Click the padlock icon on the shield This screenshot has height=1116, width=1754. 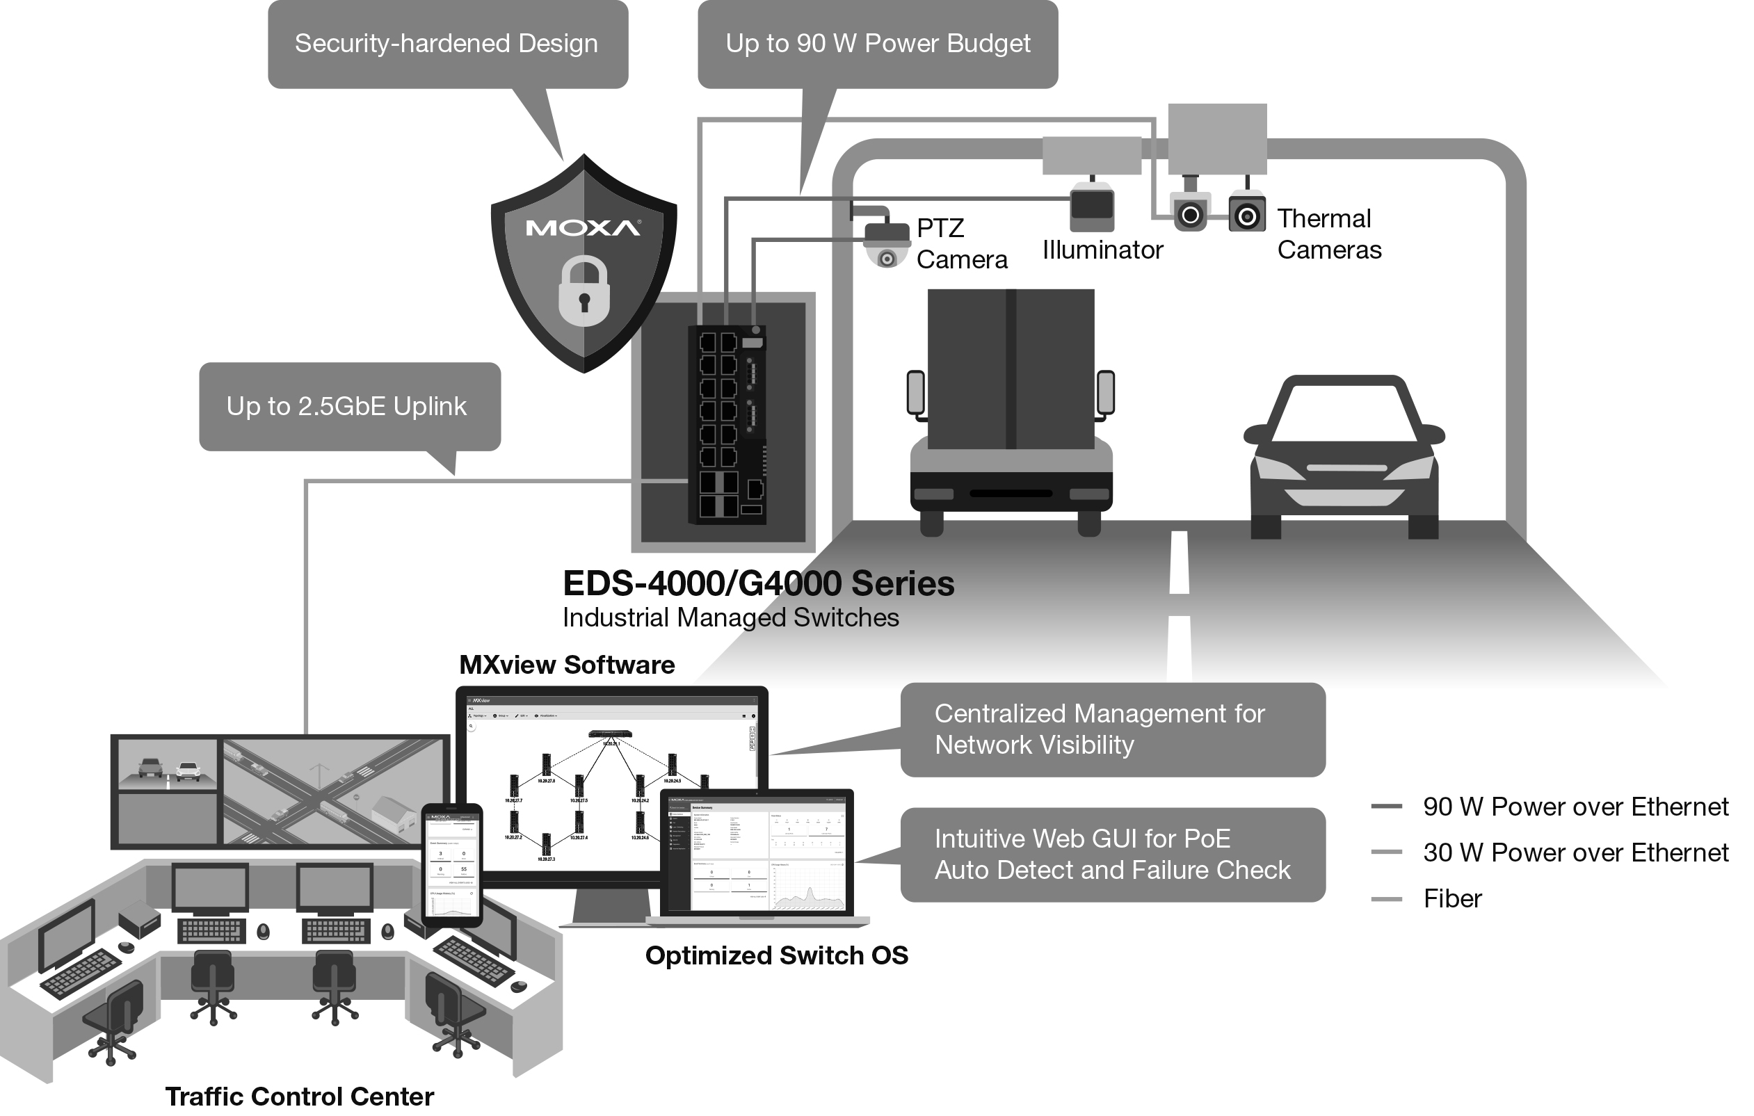tap(584, 291)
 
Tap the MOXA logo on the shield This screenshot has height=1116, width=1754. tap(583, 228)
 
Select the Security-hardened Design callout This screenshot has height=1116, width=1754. tap(447, 44)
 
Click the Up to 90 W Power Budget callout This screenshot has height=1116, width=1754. tap(877, 44)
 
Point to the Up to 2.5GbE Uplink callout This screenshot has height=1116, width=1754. tap(349, 407)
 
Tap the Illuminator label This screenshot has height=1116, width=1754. tap(1102, 250)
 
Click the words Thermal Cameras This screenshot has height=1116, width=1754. tap(1328, 234)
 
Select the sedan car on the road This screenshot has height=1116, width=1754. tap(1344, 459)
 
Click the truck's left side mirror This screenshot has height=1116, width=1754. tap(916, 394)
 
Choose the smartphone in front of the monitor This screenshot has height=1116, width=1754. tap(451, 865)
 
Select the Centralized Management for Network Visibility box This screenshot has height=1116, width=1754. tap(1112, 729)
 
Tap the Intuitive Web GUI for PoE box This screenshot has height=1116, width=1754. tap(1112, 855)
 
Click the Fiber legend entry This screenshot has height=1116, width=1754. tap(1451, 899)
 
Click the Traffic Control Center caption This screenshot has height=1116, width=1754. tap(299, 1097)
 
